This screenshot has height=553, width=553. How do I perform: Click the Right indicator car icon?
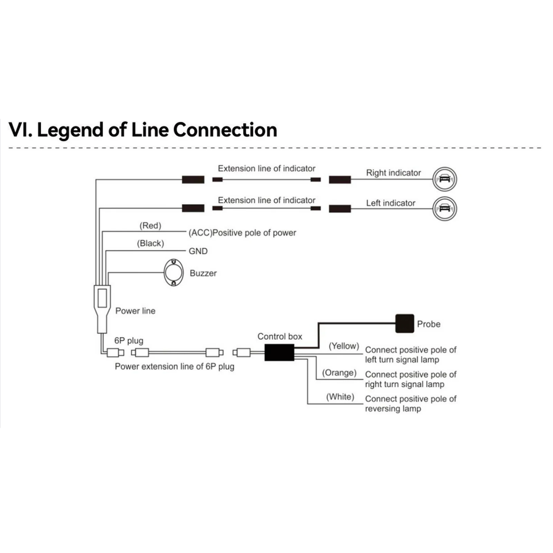pyautogui.click(x=444, y=179)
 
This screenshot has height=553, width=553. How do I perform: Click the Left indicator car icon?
pyautogui.click(x=444, y=208)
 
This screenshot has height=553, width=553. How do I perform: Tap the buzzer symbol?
pyautogui.click(x=174, y=272)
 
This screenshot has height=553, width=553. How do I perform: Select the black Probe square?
pyautogui.click(x=404, y=324)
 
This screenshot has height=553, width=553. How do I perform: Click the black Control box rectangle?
pyautogui.click(x=279, y=353)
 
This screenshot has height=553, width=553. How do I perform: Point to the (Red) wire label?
pyautogui.click(x=150, y=226)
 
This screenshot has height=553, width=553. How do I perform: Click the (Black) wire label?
pyautogui.click(x=150, y=243)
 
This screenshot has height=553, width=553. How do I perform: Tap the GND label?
pyautogui.click(x=198, y=251)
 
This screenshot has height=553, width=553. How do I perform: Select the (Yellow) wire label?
pyautogui.click(x=344, y=346)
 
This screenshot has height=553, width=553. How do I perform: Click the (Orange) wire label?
pyautogui.click(x=339, y=373)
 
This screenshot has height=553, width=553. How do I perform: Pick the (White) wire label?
pyautogui.click(x=340, y=397)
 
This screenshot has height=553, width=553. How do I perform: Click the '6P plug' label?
pyautogui.click(x=129, y=341)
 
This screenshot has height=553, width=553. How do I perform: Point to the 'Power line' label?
pyautogui.click(x=135, y=311)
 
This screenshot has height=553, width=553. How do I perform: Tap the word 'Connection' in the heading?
pyautogui.click(x=225, y=130)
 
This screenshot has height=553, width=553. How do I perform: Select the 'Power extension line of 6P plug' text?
pyautogui.click(x=175, y=367)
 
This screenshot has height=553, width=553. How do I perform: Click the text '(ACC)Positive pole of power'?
pyautogui.click(x=242, y=233)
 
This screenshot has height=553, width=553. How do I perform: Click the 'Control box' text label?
pyautogui.click(x=280, y=337)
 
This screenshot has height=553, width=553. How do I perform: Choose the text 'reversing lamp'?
pyautogui.click(x=393, y=409)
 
